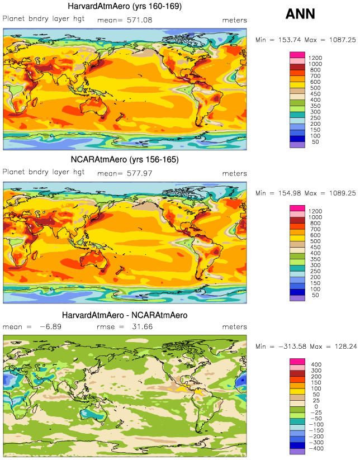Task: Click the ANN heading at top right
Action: [x=301, y=15]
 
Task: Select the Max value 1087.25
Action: [x=339, y=40]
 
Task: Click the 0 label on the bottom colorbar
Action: [x=310, y=406]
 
